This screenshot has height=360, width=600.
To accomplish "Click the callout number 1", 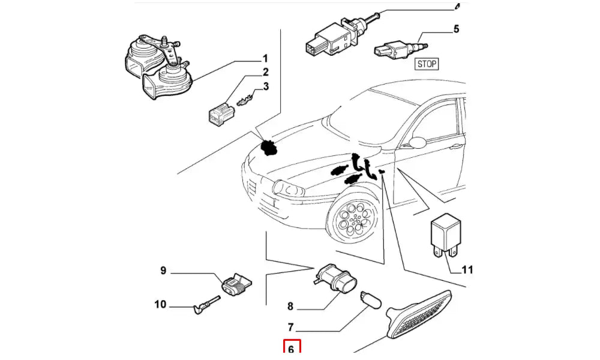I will (264, 59).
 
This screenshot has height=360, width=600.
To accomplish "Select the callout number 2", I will (265, 73).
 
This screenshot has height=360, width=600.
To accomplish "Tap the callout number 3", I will (265, 86).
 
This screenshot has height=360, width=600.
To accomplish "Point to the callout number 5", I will (456, 28).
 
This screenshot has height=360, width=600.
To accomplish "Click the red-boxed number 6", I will (291, 349).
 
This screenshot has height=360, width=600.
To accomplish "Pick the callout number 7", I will (290, 328).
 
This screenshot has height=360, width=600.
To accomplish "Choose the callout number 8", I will (290, 307).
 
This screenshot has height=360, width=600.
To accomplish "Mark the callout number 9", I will (163, 271).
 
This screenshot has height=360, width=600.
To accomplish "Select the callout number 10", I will (160, 305).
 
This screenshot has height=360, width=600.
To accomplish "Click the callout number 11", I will (467, 270).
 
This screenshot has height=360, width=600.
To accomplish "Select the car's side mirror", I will (417, 142).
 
